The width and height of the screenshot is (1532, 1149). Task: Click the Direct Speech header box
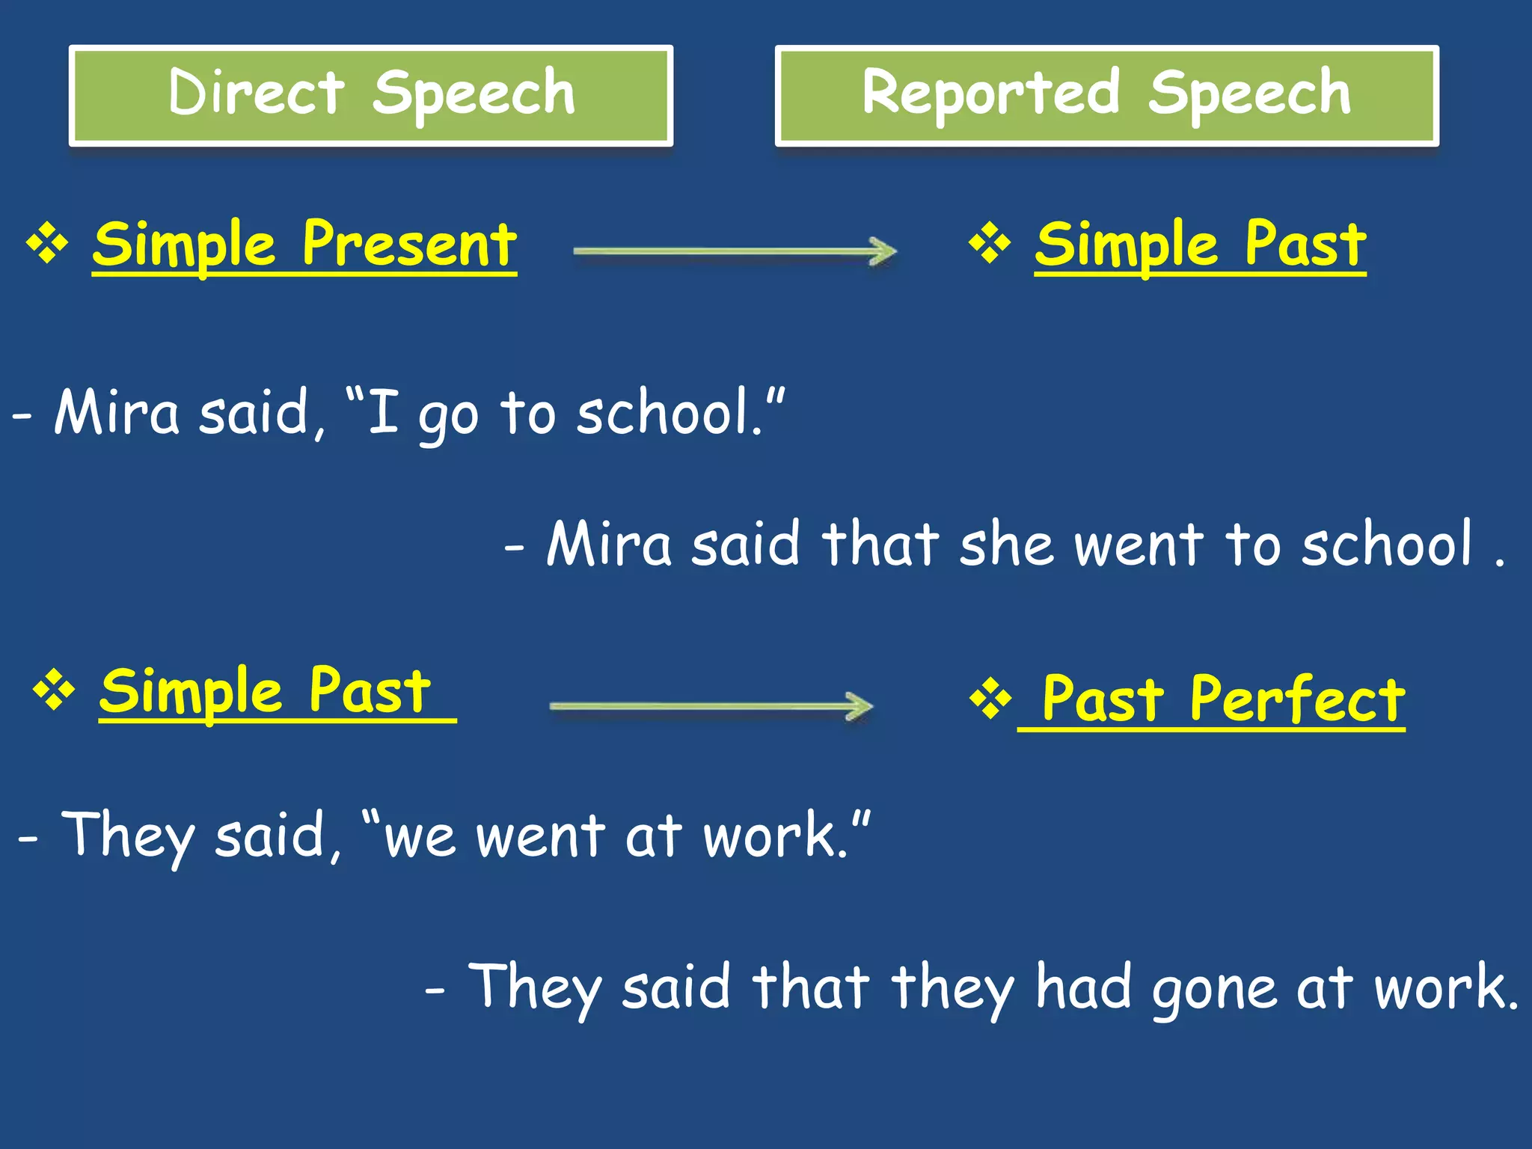[371, 96]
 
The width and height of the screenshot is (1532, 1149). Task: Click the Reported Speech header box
[1106, 96]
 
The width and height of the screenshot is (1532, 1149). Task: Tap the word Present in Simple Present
[409, 245]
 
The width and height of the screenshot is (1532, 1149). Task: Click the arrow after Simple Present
[735, 251]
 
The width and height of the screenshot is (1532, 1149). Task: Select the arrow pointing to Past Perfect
[711, 706]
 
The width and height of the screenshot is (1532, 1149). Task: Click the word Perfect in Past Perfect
[1297, 699]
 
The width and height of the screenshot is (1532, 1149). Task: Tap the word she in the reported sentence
[1006, 545]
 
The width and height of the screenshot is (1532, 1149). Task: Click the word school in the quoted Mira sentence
[664, 413]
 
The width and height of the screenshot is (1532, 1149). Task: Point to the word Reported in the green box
[991, 93]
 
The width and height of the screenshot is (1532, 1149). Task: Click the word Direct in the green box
[257, 93]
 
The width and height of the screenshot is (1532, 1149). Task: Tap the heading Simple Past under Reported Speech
[1200, 245]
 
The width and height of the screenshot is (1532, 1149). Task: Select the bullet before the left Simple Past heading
[54, 691]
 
